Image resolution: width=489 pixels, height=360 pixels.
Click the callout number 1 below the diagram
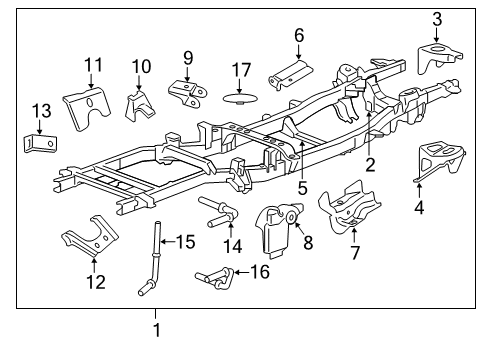pos(155,329)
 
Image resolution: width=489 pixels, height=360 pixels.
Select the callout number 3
pos(437,18)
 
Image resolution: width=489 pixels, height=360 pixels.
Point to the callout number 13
pos(39,110)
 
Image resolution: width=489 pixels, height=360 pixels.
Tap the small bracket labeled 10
pos(138,104)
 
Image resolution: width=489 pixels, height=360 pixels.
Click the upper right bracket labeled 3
pos(439,58)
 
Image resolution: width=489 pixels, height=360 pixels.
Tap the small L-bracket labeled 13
pos(37,144)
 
